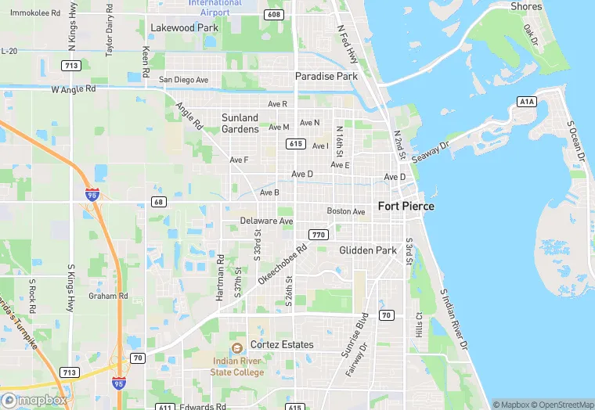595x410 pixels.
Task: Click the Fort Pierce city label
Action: (406, 207)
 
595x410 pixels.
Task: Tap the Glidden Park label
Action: (368, 250)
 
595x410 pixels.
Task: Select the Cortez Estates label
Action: (282, 345)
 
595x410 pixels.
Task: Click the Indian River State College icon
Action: (236, 347)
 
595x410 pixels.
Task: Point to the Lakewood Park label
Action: (183, 27)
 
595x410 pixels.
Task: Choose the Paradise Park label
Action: (326, 76)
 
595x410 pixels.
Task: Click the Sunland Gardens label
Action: (240, 124)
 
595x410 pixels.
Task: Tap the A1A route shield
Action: (527, 101)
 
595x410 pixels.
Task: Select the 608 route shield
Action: (273, 14)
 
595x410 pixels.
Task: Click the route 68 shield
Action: (158, 202)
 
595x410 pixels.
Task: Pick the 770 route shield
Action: (318, 235)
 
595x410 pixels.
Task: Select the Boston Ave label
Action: (346, 211)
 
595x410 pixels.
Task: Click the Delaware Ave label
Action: (266, 221)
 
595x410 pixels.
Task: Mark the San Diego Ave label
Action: (184, 80)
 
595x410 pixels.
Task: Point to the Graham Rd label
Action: (108, 296)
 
